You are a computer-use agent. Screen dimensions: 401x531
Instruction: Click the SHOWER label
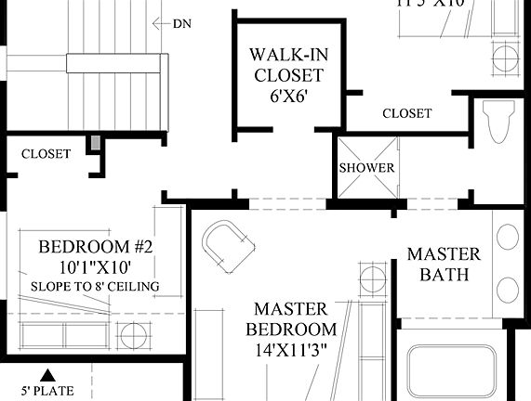[366, 168]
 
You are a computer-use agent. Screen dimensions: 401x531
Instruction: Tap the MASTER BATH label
[444, 264]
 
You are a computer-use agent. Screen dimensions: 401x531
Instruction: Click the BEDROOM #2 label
[95, 247]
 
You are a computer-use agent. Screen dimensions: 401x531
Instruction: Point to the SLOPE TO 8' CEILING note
[95, 286]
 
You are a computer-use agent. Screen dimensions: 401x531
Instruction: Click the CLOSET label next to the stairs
[46, 154]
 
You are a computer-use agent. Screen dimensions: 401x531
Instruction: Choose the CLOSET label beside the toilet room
[406, 113]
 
